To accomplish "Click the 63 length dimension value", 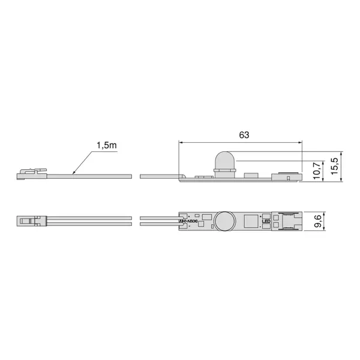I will click(x=244, y=135).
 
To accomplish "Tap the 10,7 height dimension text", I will click(x=317, y=170).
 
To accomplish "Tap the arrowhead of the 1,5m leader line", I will click(x=73, y=174).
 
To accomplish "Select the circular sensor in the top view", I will click(x=224, y=222).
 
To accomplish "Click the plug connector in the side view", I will click(x=31, y=174).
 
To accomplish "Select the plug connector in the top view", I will click(x=31, y=222).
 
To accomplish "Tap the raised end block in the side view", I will click(x=287, y=176).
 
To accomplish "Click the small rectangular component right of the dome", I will click(x=251, y=176).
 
